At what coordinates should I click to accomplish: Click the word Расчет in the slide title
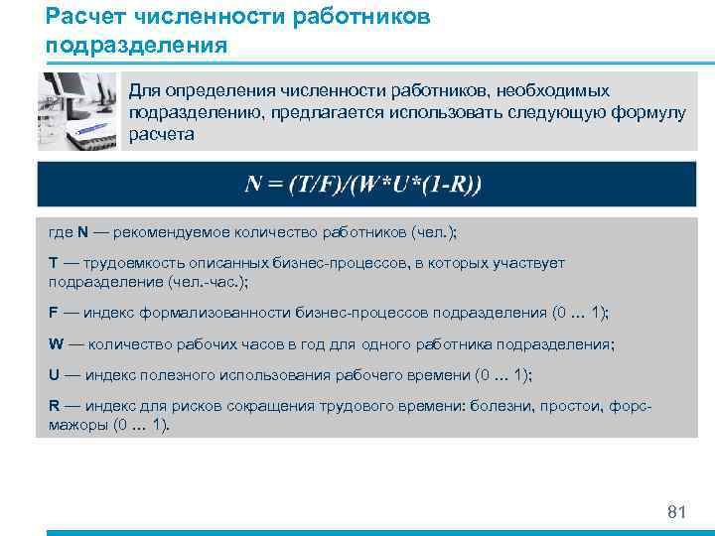pyautogui.click(x=81, y=18)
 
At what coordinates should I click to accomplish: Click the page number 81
pyautogui.click(x=676, y=512)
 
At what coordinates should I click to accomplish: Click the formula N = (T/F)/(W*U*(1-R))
pyautogui.click(x=363, y=185)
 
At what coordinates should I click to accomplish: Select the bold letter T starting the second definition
pyautogui.click(x=53, y=263)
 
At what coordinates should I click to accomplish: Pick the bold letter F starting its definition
pyautogui.click(x=53, y=313)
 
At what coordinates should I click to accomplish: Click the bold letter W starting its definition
pyautogui.click(x=55, y=344)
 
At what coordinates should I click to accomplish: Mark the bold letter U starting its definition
pyautogui.click(x=53, y=375)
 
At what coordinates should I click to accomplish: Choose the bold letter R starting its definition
pyautogui.click(x=53, y=406)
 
